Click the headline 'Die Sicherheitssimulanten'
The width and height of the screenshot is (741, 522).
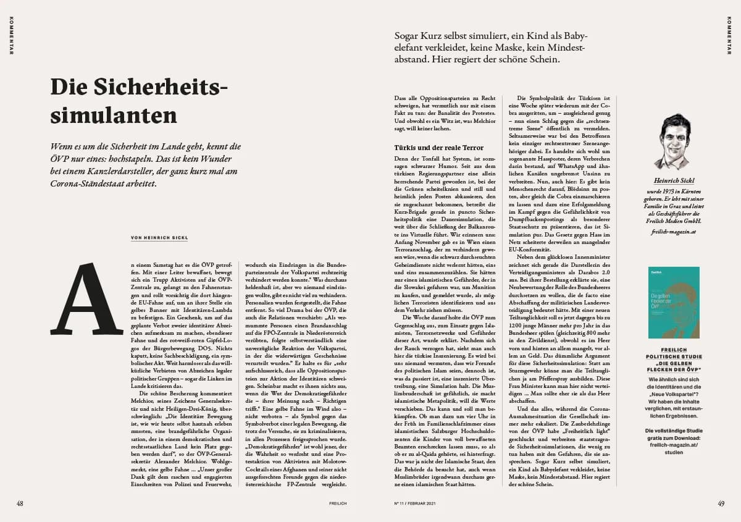coord(139,101)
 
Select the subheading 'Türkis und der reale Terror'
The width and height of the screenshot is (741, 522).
coord(439,148)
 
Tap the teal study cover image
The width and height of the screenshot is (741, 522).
coord(674,302)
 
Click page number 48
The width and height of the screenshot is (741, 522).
coord(20,503)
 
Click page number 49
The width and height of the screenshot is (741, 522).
coord(721,503)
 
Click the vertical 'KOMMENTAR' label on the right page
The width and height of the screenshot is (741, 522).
coord(729,35)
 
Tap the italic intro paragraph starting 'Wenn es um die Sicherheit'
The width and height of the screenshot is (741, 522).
coord(146,165)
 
